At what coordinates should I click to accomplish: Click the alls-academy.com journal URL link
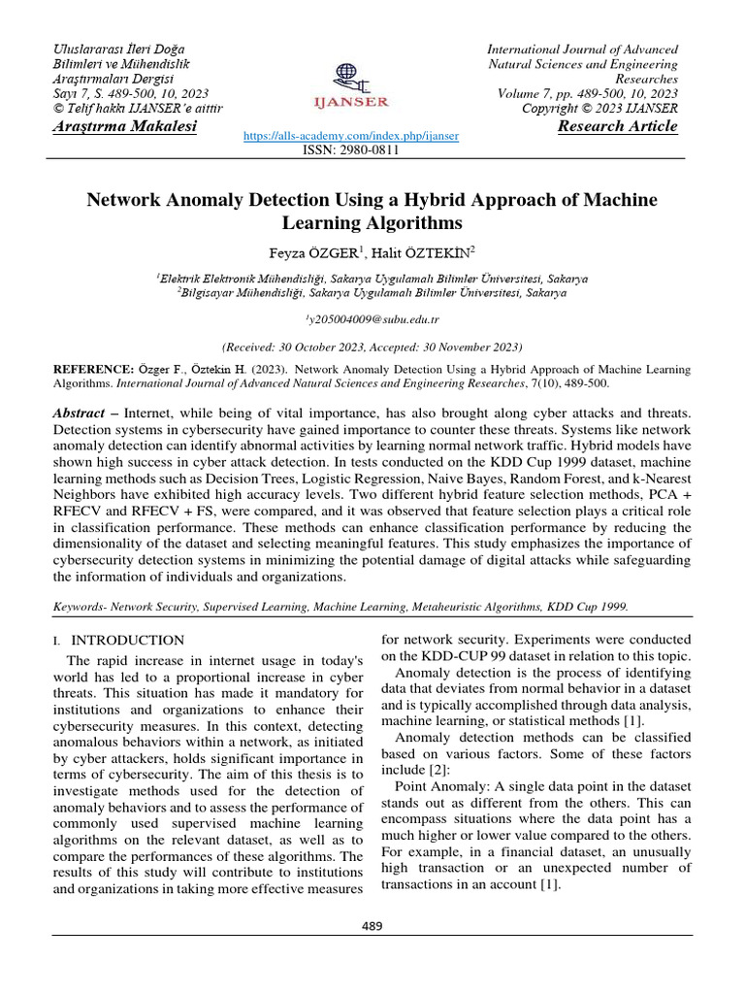pyautogui.click(x=350, y=137)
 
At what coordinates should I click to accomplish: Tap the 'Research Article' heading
pyautogui.click(x=618, y=127)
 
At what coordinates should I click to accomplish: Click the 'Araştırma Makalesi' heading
pyautogui.click(x=123, y=127)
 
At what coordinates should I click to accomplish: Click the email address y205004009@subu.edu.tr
pyautogui.click(x=372, y=318)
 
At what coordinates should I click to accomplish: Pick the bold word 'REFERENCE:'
pyautogui.click(x=92, y=370)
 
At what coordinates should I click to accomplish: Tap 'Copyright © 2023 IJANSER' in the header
pyautogui.click(x=599, y=108)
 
